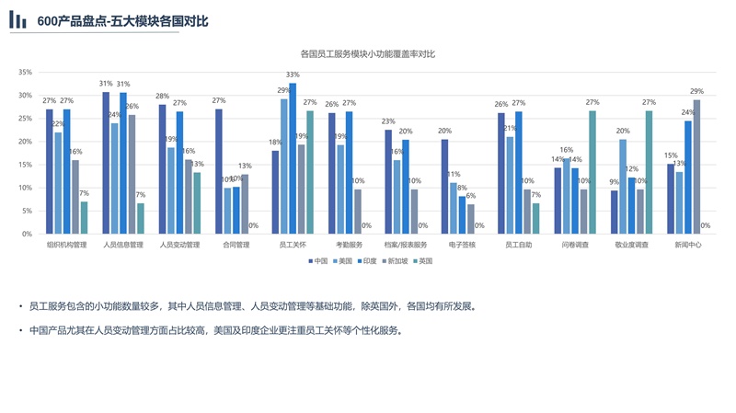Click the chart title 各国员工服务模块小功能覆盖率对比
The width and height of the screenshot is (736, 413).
(368, 54)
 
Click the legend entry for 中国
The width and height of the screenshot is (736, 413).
(318, 261)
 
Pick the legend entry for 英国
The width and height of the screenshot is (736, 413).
(423, 261)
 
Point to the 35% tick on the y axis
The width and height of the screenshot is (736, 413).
(25, 72)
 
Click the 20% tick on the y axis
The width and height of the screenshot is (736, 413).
(25, 142)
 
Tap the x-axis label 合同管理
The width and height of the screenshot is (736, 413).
(236, 246)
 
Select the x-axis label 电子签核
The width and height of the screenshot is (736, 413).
(462, 246)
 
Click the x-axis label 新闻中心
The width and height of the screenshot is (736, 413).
(687, 246)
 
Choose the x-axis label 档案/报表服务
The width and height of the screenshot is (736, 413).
(406, 246)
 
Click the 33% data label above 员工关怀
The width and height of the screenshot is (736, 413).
(293, 75)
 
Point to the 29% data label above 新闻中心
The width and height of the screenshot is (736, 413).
(696, 91)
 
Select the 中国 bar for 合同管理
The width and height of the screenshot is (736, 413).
(219, 171)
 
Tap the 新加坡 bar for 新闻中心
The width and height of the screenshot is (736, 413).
(696, 166)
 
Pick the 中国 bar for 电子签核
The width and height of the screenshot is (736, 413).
(444, 187)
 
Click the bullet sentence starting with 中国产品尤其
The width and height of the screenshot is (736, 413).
(216, 329)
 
